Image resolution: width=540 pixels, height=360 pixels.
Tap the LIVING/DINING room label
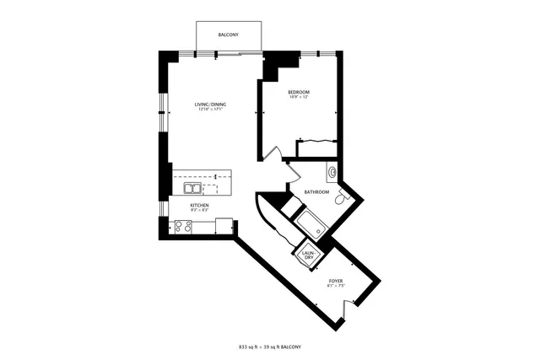pos(212,104)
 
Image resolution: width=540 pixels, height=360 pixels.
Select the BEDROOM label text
pos(299,91)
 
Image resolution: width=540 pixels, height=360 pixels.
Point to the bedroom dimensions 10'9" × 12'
pos(299,97)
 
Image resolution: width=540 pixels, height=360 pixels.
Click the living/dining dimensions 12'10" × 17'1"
pos(212,110)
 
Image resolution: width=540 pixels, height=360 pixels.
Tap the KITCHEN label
pos(199,205)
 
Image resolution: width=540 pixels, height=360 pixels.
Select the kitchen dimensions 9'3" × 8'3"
pos(199,210)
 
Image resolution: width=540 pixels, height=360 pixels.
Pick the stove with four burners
pos(181,225)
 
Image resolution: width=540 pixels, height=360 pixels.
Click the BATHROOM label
pos(316,192)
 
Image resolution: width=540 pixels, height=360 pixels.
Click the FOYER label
pos(335,281)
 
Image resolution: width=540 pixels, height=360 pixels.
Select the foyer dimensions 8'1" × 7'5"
pos(335,286)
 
